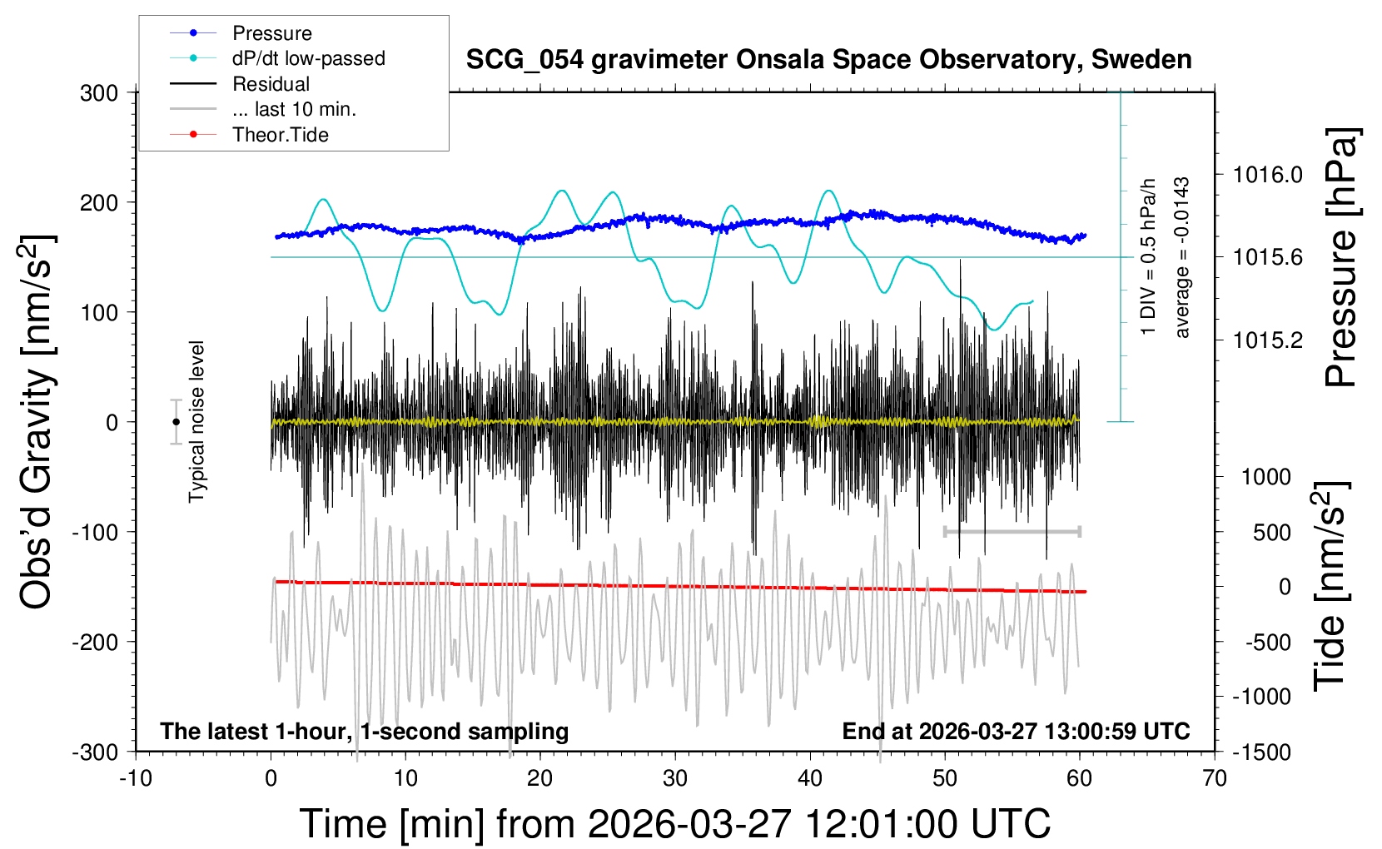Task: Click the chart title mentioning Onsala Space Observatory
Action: pyautogui.click(x=828, y=60)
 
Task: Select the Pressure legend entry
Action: pyautogui.click(x=271, y=33)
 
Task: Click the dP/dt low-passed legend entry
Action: pyautogui.click(x=308, y=58)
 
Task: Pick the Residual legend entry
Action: pyautogui.click(x=271, y=84)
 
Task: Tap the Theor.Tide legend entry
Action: pyautogui.click(x=280, y=135)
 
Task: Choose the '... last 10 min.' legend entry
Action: pyautogui.click(x=294, y=109)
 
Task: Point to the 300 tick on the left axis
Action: pyautogui.click(x=99, y=93)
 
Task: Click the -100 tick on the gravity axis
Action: pyautogui.click(x=95, y=532)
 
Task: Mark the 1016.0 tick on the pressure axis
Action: pyautogui.click(x=1267, y=175)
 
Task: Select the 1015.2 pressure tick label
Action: pyautogui.click(x=1267, y=340)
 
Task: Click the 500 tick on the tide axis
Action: pyautogui.click(x=1271, y=533)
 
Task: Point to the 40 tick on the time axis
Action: pyautogui.click(x=810, y=779)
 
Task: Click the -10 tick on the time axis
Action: pyautogui.click(x=136, y=779)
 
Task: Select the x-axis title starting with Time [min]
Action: pyautogui.click(x=674, y=824)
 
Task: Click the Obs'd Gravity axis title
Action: pyautogui.click(x=37, y=422)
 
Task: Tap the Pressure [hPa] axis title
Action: pyautogui.click(x=1341, y=258)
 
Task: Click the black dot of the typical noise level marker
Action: pyautogui.click(x=176, y=422)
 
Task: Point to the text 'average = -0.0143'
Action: pyautogui.click(x=1181, y=257)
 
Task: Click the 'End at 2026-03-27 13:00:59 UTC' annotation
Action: pyautogui.click(x=1016, y=732)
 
